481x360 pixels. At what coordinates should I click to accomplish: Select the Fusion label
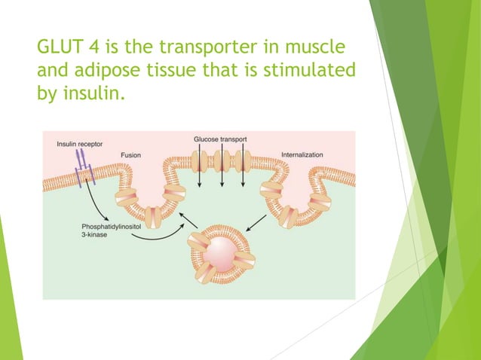click(130, 155)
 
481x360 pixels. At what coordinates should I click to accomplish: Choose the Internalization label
click(302, 155)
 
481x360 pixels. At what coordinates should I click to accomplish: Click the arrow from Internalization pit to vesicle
click(256, 222)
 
